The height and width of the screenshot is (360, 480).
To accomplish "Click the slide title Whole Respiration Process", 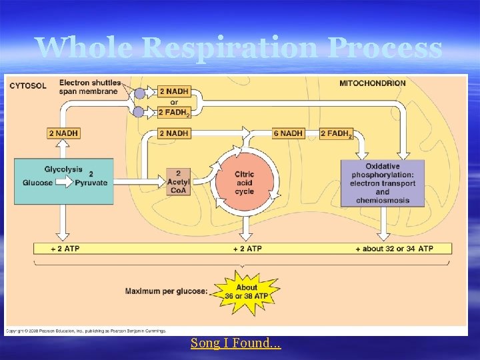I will pos(239,48).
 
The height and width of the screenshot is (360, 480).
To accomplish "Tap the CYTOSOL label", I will pos(27,85).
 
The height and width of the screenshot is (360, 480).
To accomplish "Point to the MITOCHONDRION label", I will pos(372,83).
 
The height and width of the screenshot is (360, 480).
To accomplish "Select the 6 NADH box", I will pos(288,133).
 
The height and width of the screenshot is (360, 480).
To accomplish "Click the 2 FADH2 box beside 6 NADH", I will pos(336,133).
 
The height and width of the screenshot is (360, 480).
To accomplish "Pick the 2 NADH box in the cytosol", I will pos(63,133).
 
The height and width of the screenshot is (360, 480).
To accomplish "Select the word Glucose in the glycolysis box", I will pos(37,183).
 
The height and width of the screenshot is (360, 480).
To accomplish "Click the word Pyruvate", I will pos(91,183).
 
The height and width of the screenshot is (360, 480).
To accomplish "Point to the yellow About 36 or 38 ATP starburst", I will pos(246,292).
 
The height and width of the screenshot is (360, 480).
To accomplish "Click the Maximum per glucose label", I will pos(166,291).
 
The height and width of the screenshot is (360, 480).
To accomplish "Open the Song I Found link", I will pos(236,343).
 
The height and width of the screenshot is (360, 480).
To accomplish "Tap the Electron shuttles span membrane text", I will pos(90,87).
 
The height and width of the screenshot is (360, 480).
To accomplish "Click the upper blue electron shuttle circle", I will pos(139,93).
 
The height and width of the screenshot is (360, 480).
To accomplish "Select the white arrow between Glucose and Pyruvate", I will pos(64,183).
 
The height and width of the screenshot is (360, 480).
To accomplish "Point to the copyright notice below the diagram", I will pos(86,331).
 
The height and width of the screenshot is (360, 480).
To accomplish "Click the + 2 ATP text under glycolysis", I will pos(65,249).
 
